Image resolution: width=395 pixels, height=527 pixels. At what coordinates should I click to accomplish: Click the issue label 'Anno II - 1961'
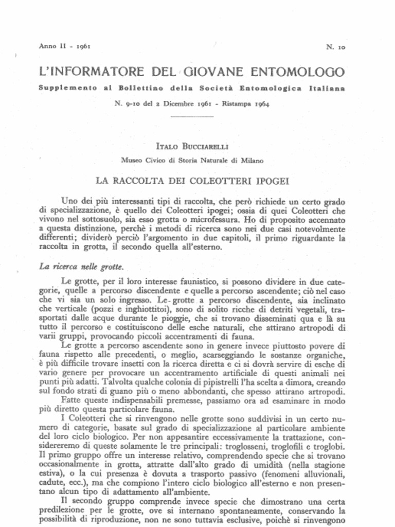point(65,46)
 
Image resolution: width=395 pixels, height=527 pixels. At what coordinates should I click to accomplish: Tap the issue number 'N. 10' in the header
point(335,47)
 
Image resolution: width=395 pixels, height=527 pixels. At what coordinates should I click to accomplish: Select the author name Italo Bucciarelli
point(191,147)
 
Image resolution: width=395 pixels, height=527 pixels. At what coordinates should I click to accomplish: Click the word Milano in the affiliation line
point(252,160)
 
